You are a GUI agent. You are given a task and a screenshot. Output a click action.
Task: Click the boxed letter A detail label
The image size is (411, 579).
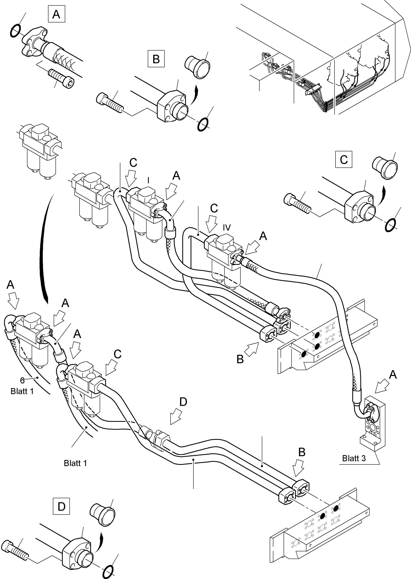pos(56,14)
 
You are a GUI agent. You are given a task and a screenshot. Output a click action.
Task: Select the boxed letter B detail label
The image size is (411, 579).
pos(156,59)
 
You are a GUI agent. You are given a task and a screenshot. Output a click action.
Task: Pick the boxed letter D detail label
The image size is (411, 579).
pos(62,506)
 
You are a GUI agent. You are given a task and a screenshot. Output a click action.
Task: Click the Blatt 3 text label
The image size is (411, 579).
pos(354,458)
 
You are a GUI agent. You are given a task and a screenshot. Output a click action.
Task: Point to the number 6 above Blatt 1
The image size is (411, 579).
pos(22,380)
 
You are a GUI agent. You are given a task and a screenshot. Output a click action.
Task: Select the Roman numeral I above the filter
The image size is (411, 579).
pos(148,180)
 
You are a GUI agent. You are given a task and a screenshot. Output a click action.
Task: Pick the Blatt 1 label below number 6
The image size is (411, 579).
pos(22,391)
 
